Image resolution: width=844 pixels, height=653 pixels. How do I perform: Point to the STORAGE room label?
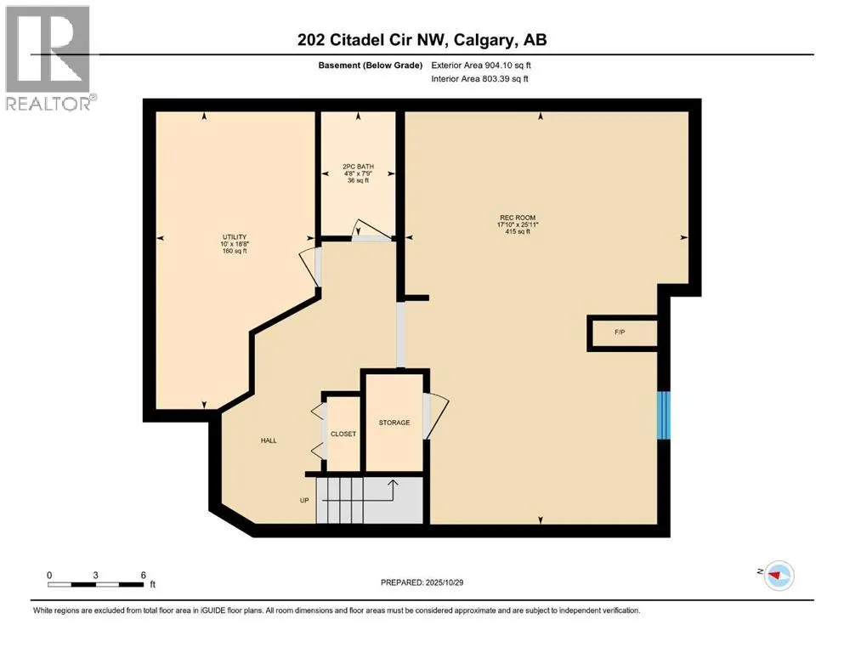394,423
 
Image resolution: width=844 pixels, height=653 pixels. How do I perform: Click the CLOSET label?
343,434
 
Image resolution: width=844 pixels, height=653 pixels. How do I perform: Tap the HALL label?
269,440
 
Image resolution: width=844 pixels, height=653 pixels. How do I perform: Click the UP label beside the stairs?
303,500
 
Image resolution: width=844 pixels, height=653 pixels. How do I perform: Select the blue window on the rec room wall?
665,415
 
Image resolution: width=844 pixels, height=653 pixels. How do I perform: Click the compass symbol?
778,575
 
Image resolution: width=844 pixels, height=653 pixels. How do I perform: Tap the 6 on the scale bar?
144,575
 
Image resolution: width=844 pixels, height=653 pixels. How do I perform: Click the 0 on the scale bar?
49,575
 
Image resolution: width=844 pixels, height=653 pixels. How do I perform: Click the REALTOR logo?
48,58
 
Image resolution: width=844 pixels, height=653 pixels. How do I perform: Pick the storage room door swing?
435,414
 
